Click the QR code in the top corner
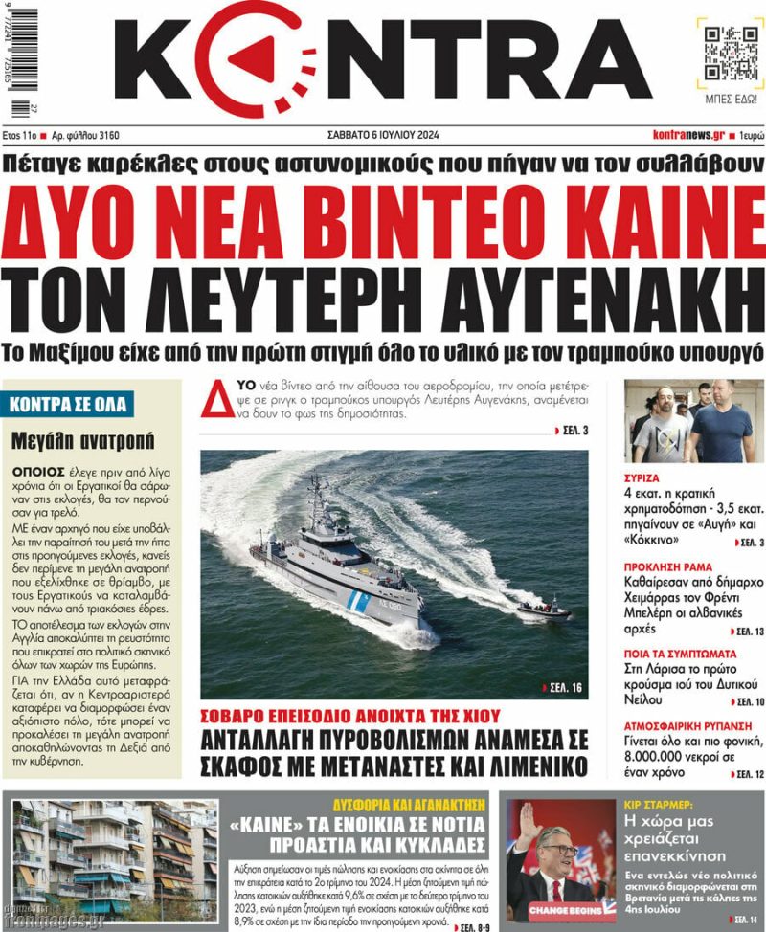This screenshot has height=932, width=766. pyautogui.click(x=725, y=52)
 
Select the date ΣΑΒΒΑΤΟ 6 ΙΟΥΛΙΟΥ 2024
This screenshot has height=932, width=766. pyautogui.click(x=386, y=135)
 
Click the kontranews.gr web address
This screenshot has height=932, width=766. pyautogui.click(x=688, y=135)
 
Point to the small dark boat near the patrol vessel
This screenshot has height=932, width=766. pyautogui.click(x=545, y=609)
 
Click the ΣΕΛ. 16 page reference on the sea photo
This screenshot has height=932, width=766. pyautogui.click(x=566, y=687)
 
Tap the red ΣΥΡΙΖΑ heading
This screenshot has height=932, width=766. pyautogui.click(x=642, y=476)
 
